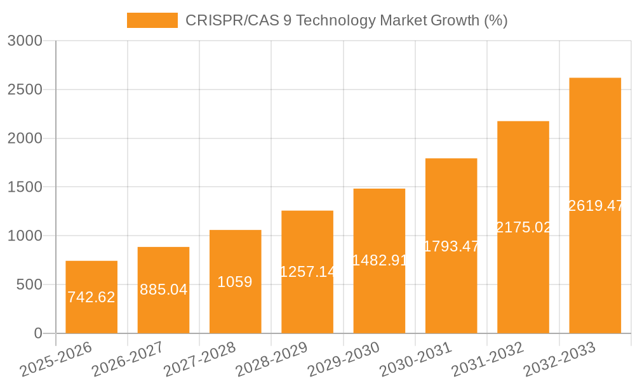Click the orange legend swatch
tap(152, 20)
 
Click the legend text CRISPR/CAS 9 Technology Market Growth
tap(346, 20)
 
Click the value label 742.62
tap(91, 297)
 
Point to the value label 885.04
tap(163, 290)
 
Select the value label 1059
tap(235, 282)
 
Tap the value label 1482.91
tap(379, 260)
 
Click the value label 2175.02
tap(523, 227)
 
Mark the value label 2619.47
tap(595, 206)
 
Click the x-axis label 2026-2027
tap(127, 359)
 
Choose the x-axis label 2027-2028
tap(199, 359)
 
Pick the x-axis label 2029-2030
tap(344, 359)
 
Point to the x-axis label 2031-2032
tap(487, 359)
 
